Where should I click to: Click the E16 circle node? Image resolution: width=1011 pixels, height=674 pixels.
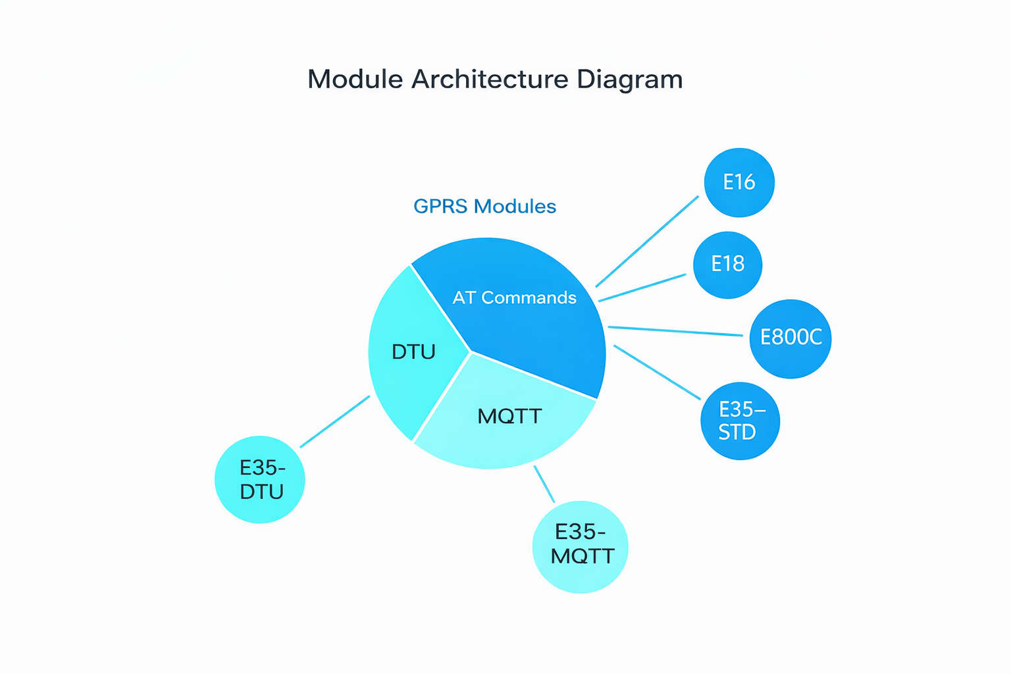tap(739, 182)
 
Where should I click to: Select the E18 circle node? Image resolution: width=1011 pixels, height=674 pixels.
tap(727, 265)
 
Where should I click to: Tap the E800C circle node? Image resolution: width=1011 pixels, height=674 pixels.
tap(790, 338)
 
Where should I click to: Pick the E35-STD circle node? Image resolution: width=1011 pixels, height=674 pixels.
tap(740, 421)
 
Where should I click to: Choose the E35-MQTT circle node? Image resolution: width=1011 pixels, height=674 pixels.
tap(581, 546)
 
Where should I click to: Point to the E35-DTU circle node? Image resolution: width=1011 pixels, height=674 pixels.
tap(260, 479)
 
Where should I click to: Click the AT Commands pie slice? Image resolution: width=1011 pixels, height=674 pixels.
tap(527, 316)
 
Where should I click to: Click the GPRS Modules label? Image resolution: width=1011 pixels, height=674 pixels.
tap(484, 207)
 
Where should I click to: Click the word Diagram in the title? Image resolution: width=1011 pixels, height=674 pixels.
tap(630, 80)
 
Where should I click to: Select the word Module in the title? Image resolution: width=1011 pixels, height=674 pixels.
tap(355, 80)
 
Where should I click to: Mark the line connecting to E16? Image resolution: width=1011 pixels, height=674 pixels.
tap(647, 241)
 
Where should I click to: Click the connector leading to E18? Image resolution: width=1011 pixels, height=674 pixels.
tap(642, 288)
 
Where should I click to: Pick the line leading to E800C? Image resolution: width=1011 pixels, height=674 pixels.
tap(675, 331)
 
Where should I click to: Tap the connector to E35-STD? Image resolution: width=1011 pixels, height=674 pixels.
tap(657, 372)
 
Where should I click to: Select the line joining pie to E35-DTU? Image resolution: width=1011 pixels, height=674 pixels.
tap(335, 421)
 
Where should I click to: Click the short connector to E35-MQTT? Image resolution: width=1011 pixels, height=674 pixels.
tap(544, 484)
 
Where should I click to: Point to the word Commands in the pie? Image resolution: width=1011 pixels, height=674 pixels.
tap(529, 298)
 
